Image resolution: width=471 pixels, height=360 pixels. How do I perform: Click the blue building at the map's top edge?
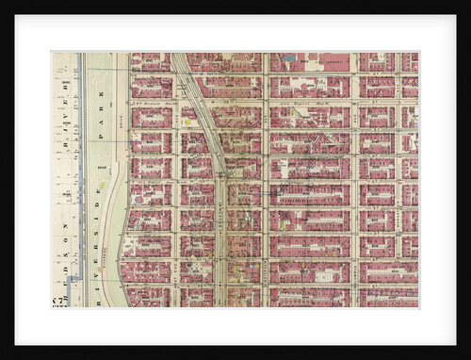point(288,57)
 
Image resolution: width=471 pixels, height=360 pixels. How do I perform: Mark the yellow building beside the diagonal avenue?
point(187,122)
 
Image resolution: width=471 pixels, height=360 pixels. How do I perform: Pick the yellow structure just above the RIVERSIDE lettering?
point(102,185)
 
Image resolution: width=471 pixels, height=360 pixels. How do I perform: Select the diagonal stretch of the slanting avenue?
point(201,113)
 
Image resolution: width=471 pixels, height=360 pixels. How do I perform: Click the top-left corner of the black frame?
point(3,3)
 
